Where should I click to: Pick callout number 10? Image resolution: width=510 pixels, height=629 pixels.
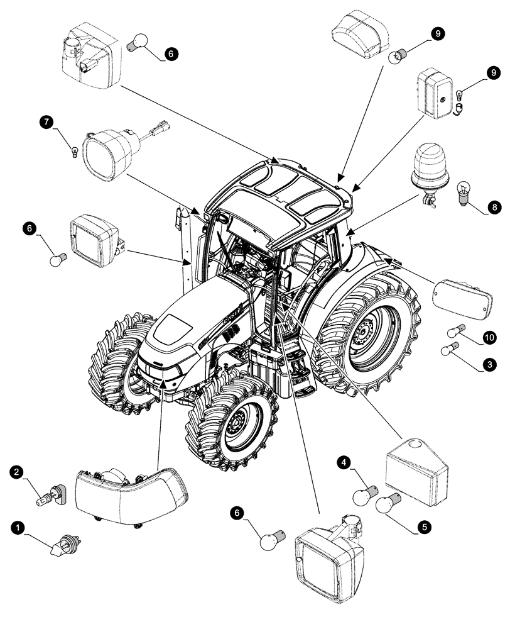(489, 338)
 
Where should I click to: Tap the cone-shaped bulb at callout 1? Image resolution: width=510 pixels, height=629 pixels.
(66, 542)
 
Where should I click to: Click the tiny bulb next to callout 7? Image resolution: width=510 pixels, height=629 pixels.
(75, 150)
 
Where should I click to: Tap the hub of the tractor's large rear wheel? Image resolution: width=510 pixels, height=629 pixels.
(364, 333)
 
